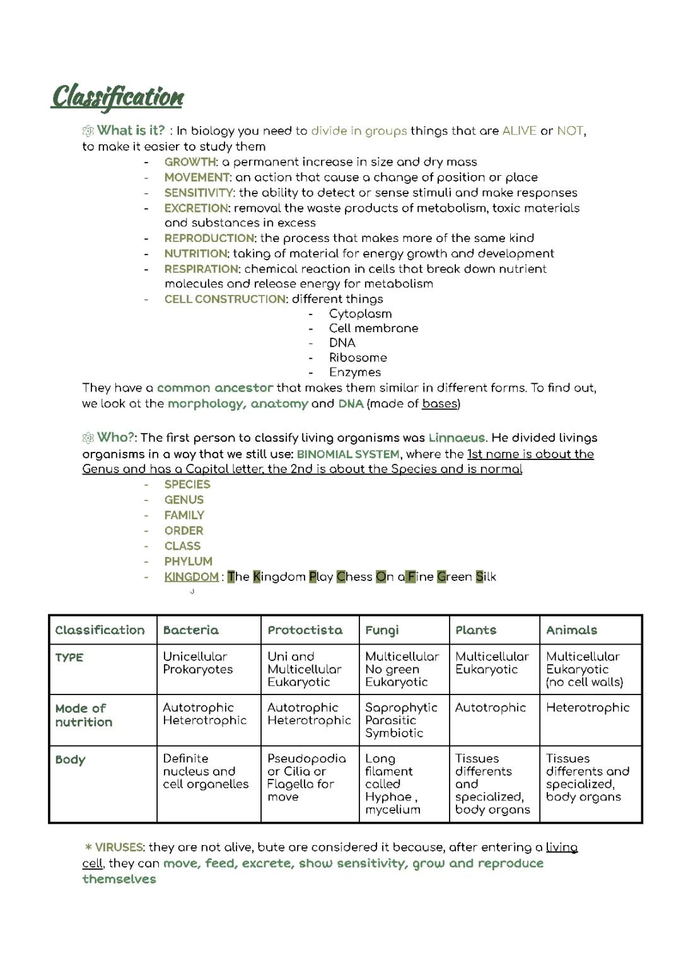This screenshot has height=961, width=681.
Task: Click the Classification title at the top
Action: [117, 96]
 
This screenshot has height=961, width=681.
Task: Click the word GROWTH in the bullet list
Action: [190, 162]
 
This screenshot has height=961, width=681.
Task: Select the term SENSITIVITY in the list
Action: [199, 193]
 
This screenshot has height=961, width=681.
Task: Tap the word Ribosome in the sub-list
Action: [358, 357]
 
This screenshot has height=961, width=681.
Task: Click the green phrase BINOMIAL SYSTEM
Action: [348, 454]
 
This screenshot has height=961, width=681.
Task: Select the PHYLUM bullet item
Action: [188, 561]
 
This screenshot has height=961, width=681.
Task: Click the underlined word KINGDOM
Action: [191, 577]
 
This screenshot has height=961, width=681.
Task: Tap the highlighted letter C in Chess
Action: [341, 577]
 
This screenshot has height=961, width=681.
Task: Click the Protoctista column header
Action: [305, 630]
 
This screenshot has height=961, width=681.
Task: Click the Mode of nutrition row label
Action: [83, 715]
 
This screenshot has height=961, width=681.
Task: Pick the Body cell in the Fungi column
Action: [392, 784]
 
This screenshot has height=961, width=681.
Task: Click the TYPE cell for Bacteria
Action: [197, 663]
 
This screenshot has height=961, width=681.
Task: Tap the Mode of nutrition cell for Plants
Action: [490, 708]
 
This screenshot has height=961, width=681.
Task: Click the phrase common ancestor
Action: [214, 388]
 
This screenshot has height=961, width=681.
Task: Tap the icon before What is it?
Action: [88, 131]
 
